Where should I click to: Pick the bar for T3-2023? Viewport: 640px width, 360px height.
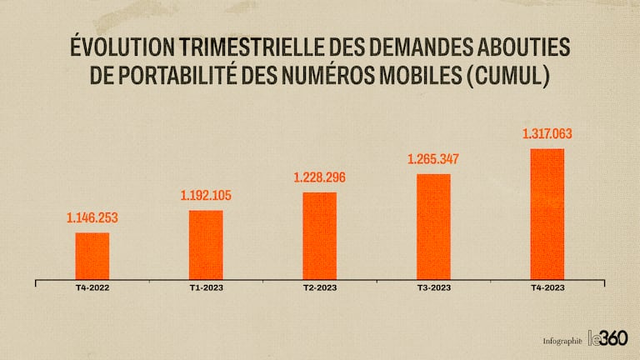pos(433,226)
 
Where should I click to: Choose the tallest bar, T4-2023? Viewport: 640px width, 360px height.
pos(547,213)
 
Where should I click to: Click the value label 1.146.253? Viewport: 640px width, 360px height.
pos(92,218)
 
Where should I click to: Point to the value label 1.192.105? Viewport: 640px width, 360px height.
pos(206,197)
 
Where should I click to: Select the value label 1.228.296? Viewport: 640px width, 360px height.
pos(319,177)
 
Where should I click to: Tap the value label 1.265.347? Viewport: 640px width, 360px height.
pos(433,159)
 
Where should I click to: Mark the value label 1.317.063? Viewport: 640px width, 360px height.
pos(547,133)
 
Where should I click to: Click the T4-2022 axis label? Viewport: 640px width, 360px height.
pos(92,288)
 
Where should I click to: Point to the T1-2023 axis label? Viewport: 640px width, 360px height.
pos(206,288)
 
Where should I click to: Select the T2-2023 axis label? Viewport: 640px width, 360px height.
pos(319,288)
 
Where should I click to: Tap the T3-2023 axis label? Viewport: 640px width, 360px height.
pos(433,288)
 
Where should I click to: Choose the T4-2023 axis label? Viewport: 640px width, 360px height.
pos(547,288)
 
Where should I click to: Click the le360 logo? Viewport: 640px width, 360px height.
pos(607,338)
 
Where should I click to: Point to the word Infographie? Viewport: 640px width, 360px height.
pos(562,341)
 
